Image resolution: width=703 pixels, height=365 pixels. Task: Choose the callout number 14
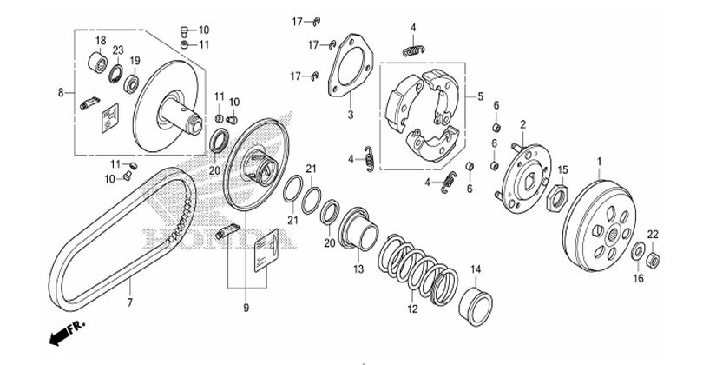476,269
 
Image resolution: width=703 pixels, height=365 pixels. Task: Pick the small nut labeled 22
654,257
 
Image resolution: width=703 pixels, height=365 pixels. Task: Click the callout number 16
638,279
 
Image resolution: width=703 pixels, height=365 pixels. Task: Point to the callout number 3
350,114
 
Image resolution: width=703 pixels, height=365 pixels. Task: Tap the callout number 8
61,92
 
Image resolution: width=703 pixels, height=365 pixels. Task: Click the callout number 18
100,41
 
